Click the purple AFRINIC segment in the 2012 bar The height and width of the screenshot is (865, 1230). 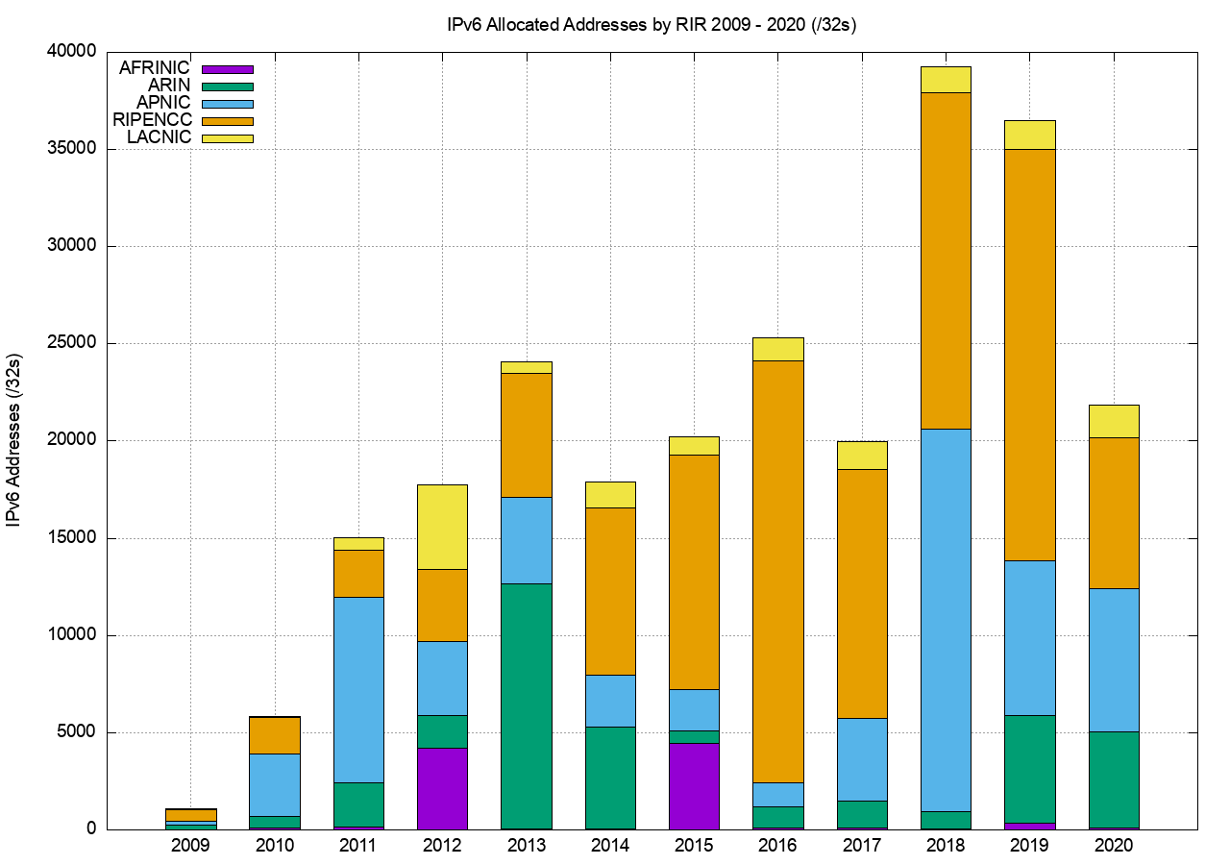coord(442,788)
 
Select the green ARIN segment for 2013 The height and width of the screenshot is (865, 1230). coord(527,705)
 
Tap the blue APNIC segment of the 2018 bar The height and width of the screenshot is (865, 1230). coord(946,620)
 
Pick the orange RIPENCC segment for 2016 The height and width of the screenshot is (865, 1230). coord(778,571)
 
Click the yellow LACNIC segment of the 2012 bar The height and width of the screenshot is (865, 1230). coord(442,527)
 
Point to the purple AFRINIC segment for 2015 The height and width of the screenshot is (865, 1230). coord(694,785)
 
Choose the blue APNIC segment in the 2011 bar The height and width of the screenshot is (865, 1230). coord(358,689)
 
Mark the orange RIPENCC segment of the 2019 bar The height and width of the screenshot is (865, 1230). coord(1030,355)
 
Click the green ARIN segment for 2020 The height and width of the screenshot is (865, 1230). coord(1114,779)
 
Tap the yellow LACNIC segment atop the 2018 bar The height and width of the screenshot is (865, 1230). coord(946,80)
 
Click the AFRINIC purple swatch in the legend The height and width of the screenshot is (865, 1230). coord(228,69)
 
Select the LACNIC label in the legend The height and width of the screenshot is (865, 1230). coord(160,137)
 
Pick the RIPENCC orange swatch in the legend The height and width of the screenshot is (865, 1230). coord(228,121)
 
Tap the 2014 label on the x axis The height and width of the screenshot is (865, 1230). coord(610,847)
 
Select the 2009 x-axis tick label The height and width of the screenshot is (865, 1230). coord(190,847)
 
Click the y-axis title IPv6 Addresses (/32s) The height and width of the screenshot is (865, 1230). coord(15,440)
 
